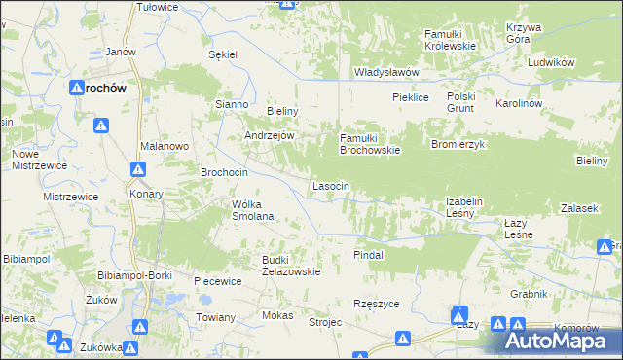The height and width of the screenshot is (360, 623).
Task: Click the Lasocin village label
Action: pyautogui.click(x=329, y=185)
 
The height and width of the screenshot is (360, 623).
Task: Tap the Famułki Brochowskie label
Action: pyautogui.click(x=369, y=144)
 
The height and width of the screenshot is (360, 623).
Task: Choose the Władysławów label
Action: pyautogui.click(x=385, y=72)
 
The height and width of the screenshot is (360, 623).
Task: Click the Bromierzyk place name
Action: pyautogui.click(x=458, y=144)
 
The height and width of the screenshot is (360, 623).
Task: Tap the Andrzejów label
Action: pyautogui.click(x=269, y=136)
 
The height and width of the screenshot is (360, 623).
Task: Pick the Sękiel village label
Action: pyautogui.click(x=224, y=54)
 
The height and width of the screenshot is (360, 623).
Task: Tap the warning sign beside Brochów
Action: pyautogui.click(x=101, y=125)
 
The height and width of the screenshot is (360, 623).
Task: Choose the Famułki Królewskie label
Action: pyautogui.click(x=449, y=40)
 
